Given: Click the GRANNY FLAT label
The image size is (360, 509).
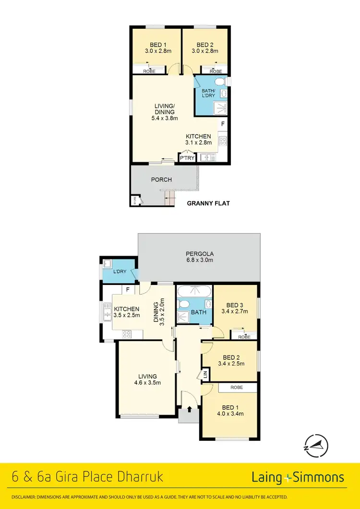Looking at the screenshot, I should click(x=208, y=203).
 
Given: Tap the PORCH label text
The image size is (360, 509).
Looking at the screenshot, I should click(x=161, y=180).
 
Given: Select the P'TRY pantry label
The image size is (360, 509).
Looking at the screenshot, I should click(x=185, y=157).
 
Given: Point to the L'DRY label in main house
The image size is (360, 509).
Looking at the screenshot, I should click(x=120, y=272).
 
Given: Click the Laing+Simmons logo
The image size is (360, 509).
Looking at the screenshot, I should click(x=298, y=477).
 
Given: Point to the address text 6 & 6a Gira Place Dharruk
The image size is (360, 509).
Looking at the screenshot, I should click(x=87, y=477).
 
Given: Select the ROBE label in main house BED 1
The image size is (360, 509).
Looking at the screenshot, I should click(x=236, y=387).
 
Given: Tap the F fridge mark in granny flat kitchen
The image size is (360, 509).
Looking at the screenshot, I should click(x=222, y=124).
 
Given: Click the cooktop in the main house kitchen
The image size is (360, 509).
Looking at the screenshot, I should click(x=127, y=334).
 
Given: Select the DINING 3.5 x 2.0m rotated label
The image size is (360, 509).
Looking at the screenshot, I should click(x=158, y=311).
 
